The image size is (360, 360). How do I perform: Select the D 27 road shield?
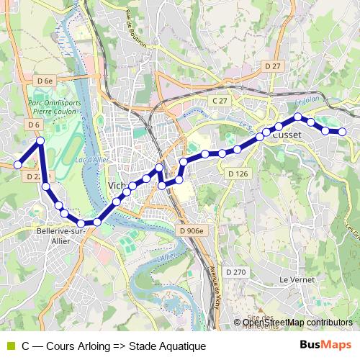click(x=272, y=66)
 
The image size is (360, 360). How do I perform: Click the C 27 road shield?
click(x=220, y=100)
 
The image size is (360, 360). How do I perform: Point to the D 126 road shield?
click(x=238, y=174)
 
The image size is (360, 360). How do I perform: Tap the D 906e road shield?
click(x=190, y=230)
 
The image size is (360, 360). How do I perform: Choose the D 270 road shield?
click(x=235, y=271)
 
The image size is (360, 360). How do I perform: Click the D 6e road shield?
click(x=45, y=81)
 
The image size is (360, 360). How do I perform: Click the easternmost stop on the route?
click(x=343, y=131)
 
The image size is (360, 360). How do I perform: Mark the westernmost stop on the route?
click(x=18, y=165)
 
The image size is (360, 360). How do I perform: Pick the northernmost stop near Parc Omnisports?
click(x=41, y=141)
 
